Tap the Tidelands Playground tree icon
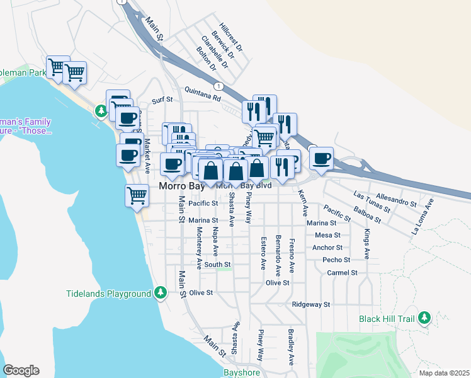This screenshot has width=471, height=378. click(161, 293)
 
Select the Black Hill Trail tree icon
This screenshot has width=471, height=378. click(424, 318)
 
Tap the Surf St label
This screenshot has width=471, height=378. click(162, 100)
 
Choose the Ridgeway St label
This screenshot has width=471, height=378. click(311, 304)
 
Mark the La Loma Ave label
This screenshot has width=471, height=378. click(423, 216)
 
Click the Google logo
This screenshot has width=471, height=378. click(21, 370)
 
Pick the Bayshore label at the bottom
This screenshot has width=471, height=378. click(241, 373)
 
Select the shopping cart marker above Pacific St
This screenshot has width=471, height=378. click(137, 195)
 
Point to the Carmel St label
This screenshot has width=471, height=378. click(343, 273)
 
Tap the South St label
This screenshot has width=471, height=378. click(218, 265)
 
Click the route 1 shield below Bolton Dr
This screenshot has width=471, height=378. click(218, 86)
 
